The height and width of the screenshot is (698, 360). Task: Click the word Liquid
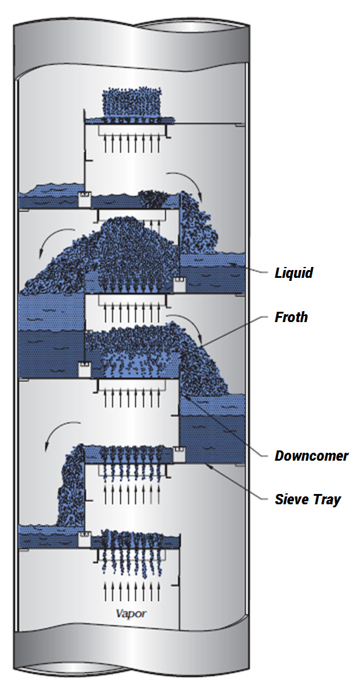(293, 272)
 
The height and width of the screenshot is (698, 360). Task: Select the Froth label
(292, 317)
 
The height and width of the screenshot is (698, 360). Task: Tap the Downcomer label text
(312, 456)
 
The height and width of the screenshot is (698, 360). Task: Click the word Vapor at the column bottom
(131, 614)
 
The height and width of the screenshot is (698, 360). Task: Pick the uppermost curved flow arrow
(187, 178)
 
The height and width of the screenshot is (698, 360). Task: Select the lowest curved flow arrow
(60, 434)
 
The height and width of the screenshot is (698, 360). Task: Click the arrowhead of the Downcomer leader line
(185, 395)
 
